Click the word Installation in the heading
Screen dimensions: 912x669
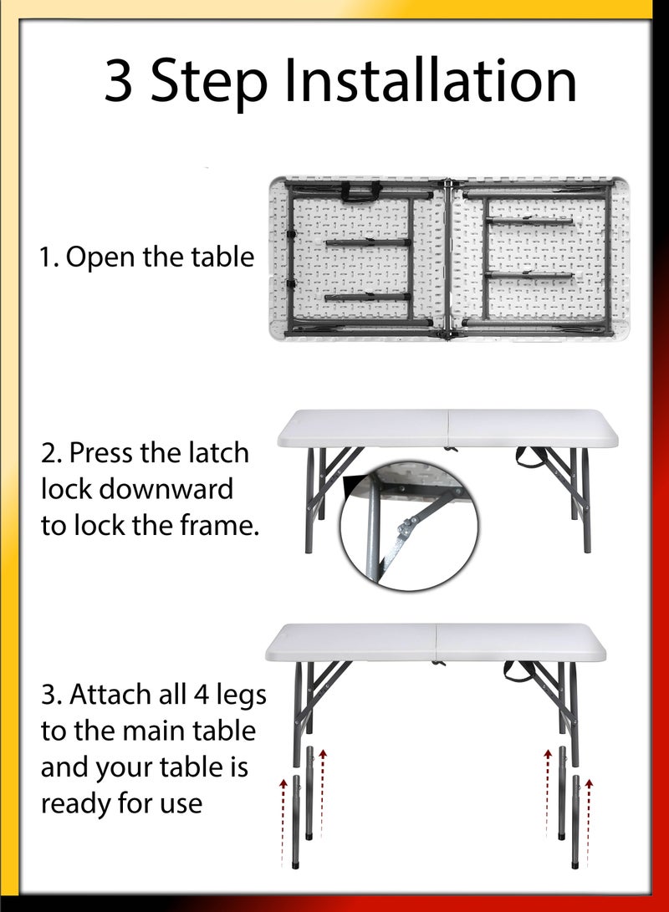pos(429,82)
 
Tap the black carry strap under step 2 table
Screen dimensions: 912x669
pos(532,456)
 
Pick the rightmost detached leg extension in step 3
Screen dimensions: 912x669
pos(576,820)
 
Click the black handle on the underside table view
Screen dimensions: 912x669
pos(358,193)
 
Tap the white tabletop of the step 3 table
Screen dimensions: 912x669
pos(435,642)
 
